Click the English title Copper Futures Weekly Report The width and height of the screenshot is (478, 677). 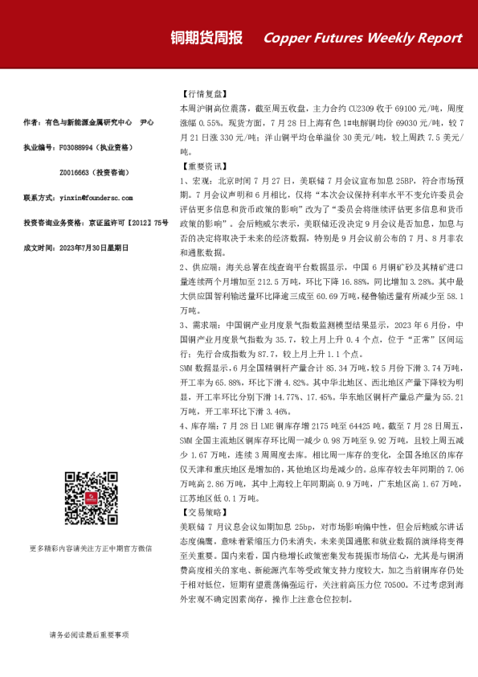pos(362,38)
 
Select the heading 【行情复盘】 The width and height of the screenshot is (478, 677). pos(202,93)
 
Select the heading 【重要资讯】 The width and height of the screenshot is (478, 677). pos(202,166)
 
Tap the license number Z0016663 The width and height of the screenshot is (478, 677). pos(79,172)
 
